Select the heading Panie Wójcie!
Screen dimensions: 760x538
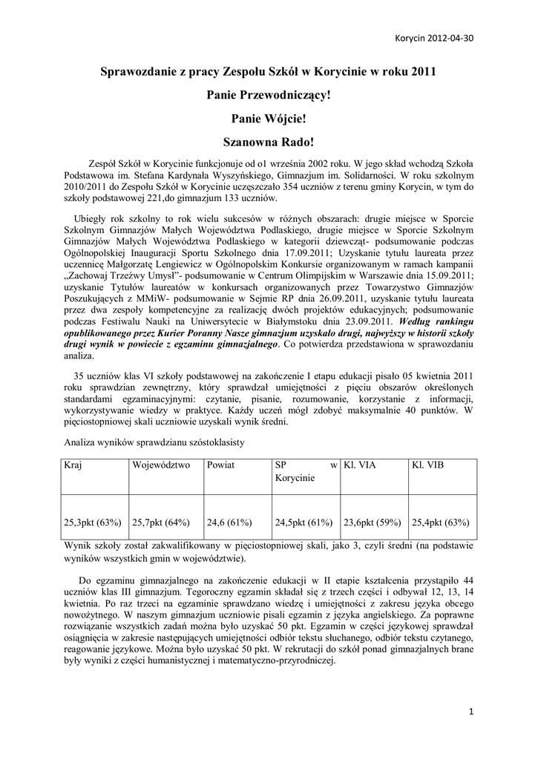pyautogui.click(x=269, y=118)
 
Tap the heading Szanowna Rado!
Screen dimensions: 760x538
pyautogui.click(x=269, y=140)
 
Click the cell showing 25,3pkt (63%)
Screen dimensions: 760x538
pyautogui.click(x=93, y=522)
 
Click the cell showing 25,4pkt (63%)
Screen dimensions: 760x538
pyautogui.click(x=440, y=522)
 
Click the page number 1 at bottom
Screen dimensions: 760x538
pyautogui.click(x=471, y=713)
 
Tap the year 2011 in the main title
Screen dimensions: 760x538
pyautogui.click(x=421, y=72)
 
